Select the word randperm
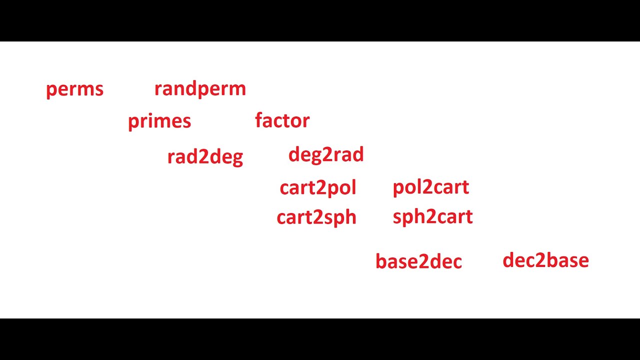pos(200,89)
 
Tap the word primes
pos(159,121)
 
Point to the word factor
pos(282,120)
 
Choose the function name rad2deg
pos(205,157)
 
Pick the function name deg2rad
pos(326,155)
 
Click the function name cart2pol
pos(318,188)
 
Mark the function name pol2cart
pos(431,187)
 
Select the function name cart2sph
pos(316,217)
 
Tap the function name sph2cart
pos(432,217)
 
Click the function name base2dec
pos(418,261)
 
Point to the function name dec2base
pos(545,260)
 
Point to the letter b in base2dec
pos(380,261)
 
